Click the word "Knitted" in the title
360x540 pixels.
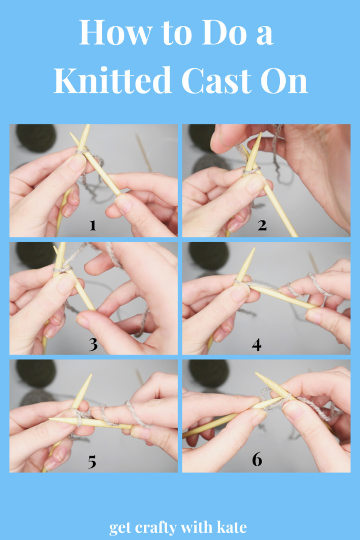[113, 80]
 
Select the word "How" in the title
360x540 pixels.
[115, 32]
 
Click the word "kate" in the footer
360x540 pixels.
[231, 527]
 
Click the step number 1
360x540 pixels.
[93, 226]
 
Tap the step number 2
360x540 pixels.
[262, 225]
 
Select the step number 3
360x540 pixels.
[93, 344]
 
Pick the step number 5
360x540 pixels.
[92, 462]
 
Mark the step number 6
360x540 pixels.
[257, 459]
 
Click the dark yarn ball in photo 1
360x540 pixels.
[36, 138]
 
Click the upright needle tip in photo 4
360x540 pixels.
[254, 248]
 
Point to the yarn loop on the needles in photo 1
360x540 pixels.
[82, 151]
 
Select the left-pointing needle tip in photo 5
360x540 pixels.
[50, 419]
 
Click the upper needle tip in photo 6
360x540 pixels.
[256, 373]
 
